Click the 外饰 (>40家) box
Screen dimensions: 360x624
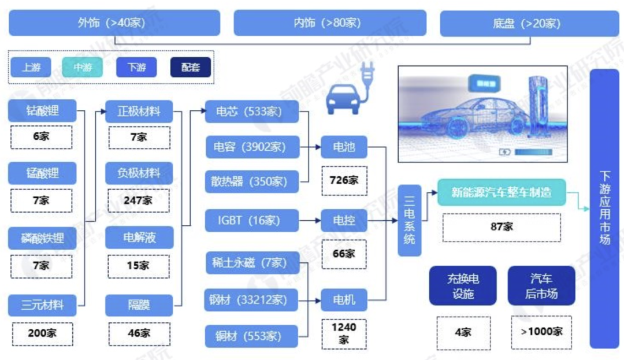coord(114,23)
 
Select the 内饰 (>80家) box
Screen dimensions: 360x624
coord(329,23)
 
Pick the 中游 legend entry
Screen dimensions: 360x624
coord(83,68)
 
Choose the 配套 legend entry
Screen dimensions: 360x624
coord(191,68)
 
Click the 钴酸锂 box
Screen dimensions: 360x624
coord(42,110)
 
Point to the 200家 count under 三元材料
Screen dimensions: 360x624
coord(42,333)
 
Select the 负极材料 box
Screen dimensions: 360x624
coord(139,173)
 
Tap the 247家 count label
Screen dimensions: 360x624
coord(139,201)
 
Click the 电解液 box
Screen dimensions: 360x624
coord(139,237)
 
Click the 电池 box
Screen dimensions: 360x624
coord(344,147)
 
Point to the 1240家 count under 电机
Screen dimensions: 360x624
coord(344,333)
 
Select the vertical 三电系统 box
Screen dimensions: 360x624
coord(409,220)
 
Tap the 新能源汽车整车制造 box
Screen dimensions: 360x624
coord(501,192)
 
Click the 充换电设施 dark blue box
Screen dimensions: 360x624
coord(463,285)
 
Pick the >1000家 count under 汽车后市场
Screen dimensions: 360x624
coord(541,332)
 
